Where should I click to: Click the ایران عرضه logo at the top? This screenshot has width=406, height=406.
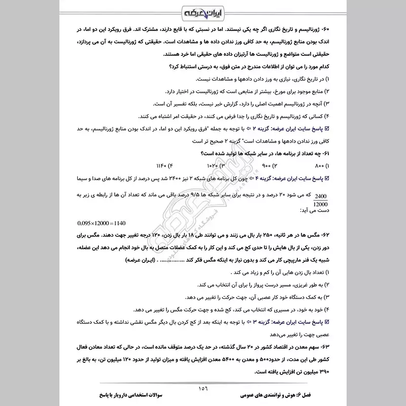click(x=203, y=11)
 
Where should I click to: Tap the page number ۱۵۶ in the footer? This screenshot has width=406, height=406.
click(x=203, y=389)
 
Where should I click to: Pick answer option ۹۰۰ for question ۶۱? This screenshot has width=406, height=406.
click(x=264, y=166)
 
